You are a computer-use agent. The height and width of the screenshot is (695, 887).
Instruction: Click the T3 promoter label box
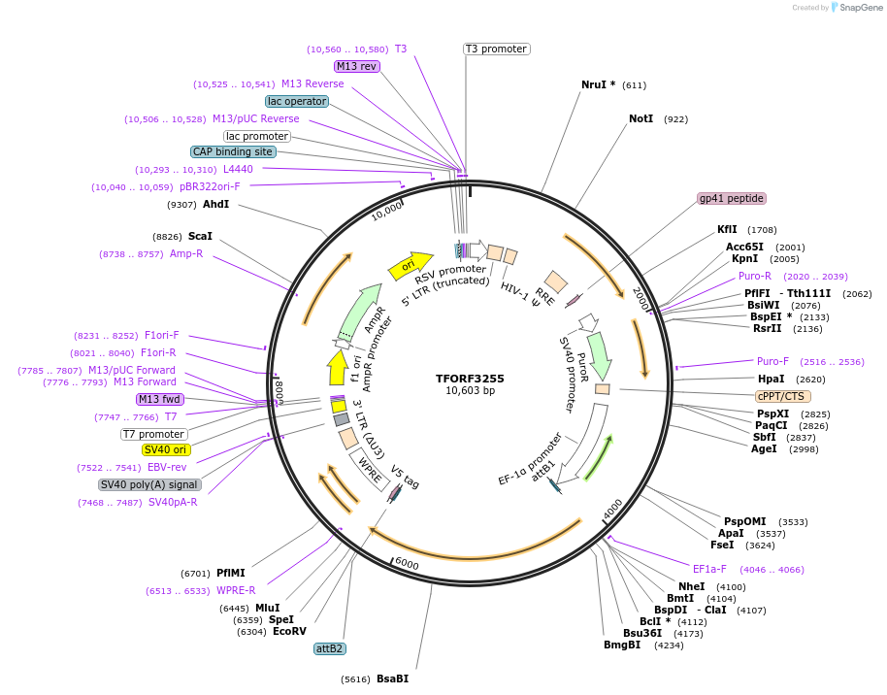click(x=496, y=49)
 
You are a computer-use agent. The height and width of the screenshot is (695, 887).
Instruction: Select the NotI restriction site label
click(x=641, y=118)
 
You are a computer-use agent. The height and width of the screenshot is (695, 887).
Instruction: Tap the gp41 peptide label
click(x=732, y=198)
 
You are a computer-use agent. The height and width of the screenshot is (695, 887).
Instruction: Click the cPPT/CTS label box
click(x=783, y=396)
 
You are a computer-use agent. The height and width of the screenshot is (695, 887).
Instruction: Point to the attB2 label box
click(x=330, y=648)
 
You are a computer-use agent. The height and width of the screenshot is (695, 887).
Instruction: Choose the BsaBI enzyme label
click(x=392, y=678)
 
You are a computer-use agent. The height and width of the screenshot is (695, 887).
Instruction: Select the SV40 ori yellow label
click(x=166, y=449)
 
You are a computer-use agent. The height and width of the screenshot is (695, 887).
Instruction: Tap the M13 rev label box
click(x=356, y=66)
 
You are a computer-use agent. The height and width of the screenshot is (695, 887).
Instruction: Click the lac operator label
click(x=297, y=101)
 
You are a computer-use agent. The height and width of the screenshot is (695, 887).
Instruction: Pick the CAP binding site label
click(x=233, y=151)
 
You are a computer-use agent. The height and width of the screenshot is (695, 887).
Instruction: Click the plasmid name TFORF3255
click(x=470, y=379)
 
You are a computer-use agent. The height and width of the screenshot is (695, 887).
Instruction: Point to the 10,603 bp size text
click(x=470, y=391)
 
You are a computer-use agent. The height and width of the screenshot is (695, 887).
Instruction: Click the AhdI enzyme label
click(x=215, y=204)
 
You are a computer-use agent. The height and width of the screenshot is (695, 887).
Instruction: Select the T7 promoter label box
click(x=153, y=434)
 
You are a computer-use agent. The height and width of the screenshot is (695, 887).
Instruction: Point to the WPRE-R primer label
click(x=236, y=590)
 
